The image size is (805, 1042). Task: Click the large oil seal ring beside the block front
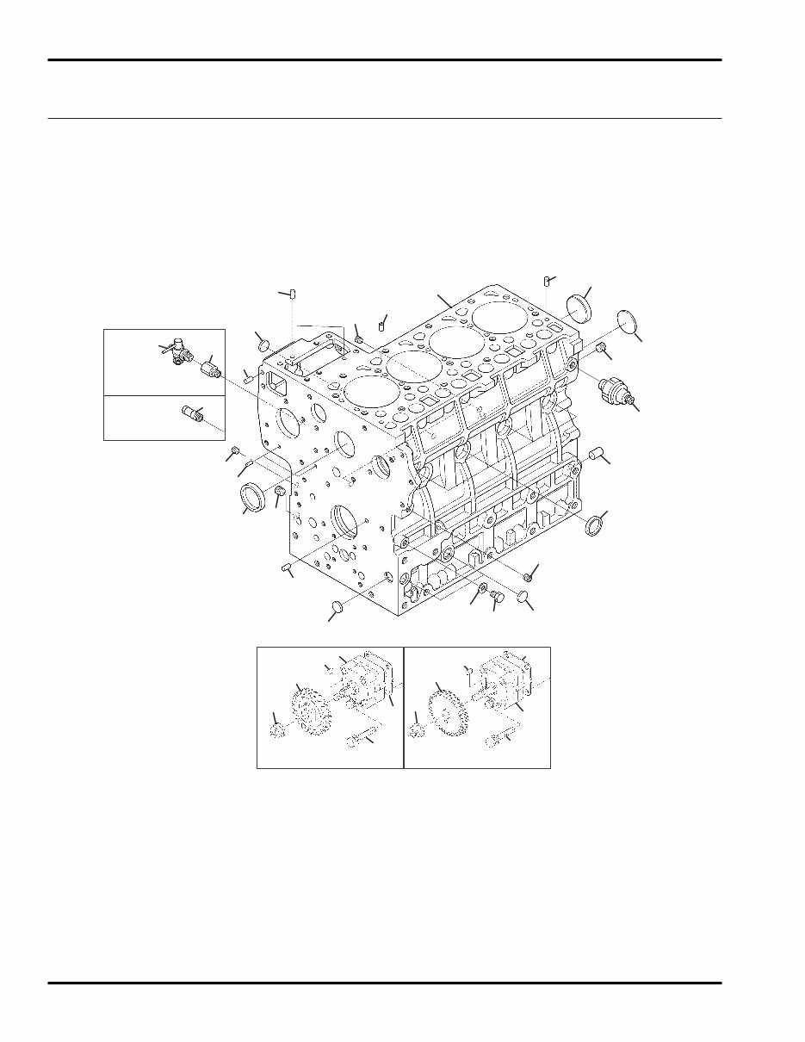[x=252, y=498]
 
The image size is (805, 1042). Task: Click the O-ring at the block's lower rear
[x=593, y=524]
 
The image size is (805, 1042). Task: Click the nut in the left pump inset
[x=278, y=732]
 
